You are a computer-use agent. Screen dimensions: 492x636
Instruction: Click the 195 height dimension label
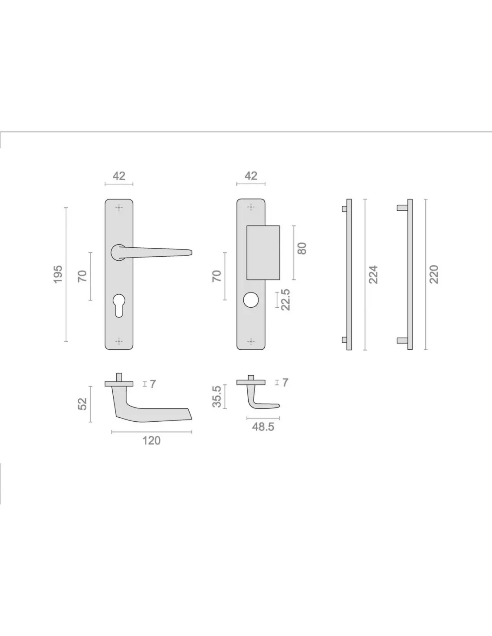point(58,274)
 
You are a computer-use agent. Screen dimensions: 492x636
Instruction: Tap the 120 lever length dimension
point(151,441)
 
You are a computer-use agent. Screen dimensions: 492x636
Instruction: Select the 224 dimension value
point(373,275)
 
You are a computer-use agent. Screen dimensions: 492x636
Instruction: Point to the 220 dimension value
point(434,274)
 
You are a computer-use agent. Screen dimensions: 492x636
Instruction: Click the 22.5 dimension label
point(285,299)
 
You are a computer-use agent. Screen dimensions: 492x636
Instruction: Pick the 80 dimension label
point(302,248)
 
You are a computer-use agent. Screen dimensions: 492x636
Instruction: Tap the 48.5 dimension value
point(263,427)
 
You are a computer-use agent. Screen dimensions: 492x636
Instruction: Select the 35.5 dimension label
point(217,397)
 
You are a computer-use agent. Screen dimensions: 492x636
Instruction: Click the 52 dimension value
point(82,404)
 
